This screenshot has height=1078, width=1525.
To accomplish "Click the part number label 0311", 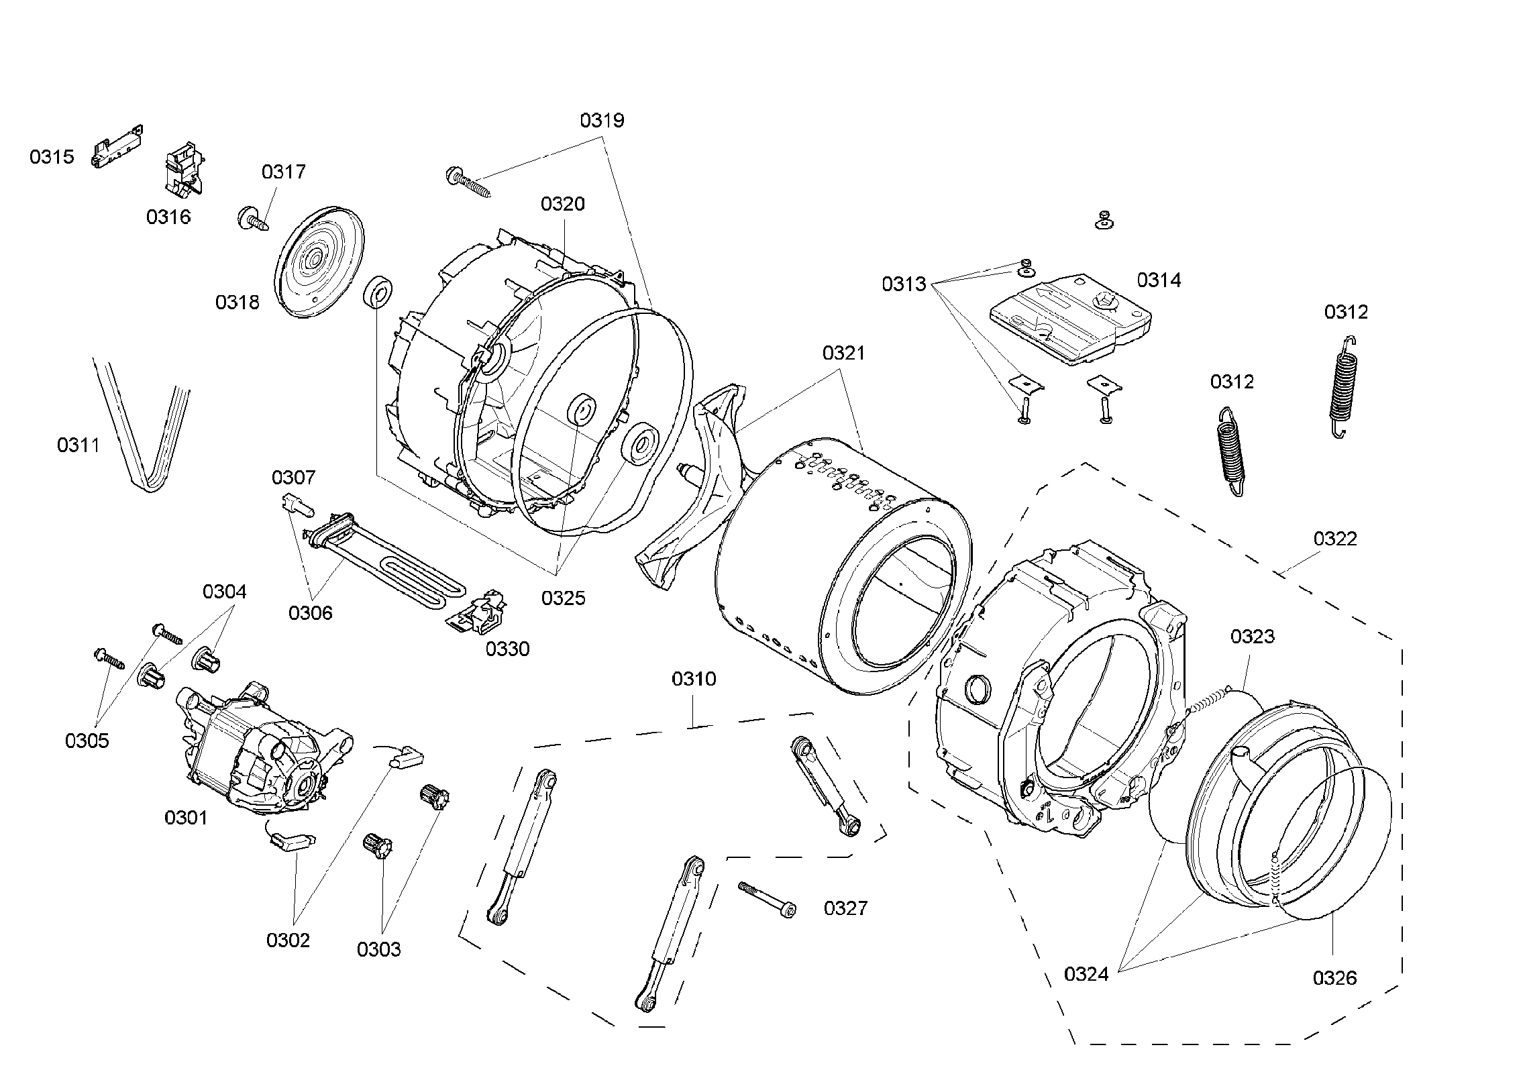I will (x=78, y=445).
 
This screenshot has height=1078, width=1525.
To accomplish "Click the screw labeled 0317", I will (x=253, y=219).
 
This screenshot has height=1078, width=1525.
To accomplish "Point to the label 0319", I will (x=602, y=121).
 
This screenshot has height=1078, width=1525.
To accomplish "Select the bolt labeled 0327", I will (x=767, y=899).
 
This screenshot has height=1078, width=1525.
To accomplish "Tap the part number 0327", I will (x=845, y=908).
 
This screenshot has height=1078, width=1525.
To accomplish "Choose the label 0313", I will (x=903, y=284).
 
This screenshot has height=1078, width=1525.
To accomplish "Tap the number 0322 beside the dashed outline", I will (x=1334, y=539).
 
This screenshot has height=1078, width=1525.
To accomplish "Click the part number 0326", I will (x=1334, y=978).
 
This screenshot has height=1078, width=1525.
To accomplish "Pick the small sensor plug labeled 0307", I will (x=296, y=502).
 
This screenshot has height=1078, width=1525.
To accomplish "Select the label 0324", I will (x=1086, y=974).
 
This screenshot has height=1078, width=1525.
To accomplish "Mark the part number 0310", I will (x=694, y=679).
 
